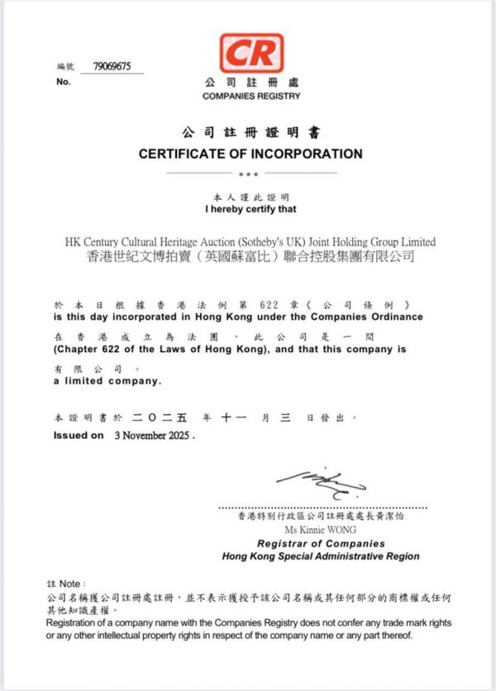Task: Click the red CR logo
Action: coord(250,52)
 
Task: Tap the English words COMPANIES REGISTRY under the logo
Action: coord(250,96)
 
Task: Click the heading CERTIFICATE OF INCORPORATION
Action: coord(250,154)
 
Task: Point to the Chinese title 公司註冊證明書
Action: coord(250,133)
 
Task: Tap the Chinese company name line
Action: coord(250,257)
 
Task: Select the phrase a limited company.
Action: coord(107,381)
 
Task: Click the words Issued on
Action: coord(79,435)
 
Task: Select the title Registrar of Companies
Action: coord(321,544)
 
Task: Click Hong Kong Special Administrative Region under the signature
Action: coord(321,556)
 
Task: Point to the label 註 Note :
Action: coord(67,584)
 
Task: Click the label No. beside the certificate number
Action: coord(64,82)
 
